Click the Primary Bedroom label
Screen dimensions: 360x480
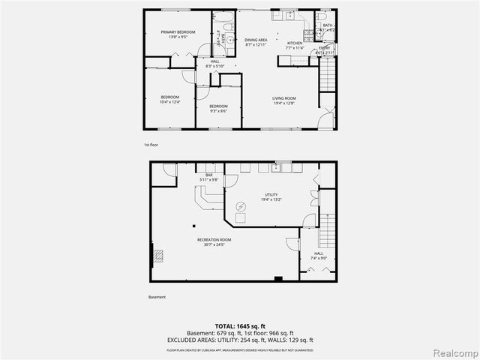[177, 32]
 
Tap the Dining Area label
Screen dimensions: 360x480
[256, 43]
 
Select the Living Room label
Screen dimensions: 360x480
[283, 98]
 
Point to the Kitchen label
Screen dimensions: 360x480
[295, 43]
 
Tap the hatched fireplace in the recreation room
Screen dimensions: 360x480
[159, 256]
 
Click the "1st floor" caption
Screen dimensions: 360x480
[151, 144]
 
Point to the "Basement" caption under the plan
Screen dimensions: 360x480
[157, 297]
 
